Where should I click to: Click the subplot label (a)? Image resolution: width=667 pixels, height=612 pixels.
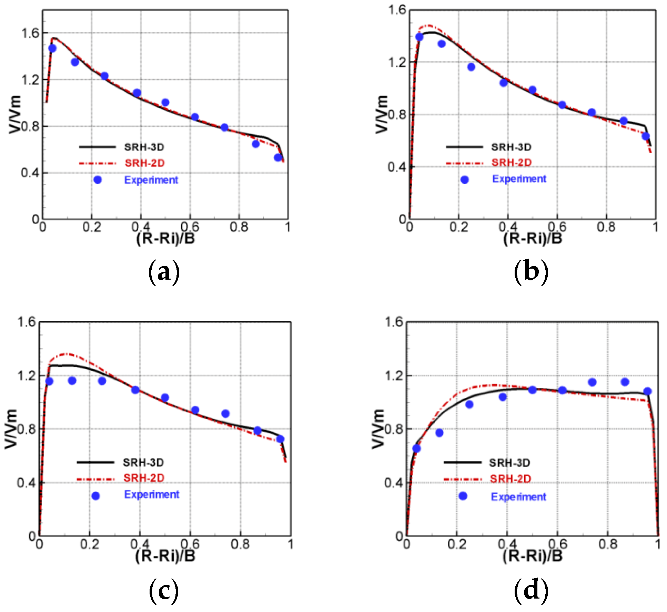(x=164, y=272)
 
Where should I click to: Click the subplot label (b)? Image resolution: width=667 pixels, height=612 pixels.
(x=531, y=272)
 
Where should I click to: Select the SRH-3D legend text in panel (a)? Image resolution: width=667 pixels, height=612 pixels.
(x=144, y=147)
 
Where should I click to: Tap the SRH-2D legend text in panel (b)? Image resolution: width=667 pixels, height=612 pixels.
(x=512, y=163)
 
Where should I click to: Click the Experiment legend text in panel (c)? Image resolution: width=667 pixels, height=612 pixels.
(x=151, y=495)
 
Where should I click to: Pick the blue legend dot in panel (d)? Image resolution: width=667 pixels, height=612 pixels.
(x=463, y=496)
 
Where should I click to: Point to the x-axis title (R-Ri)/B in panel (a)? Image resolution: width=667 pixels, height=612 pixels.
(x=165, y=238)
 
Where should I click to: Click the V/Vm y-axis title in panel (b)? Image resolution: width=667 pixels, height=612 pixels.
(x=381, y=115)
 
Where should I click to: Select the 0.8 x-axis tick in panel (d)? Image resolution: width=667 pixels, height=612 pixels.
(x=608, y=544)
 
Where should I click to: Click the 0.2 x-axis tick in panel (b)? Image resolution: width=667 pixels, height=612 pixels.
(x=458, y=227)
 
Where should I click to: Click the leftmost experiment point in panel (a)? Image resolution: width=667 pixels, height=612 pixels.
(x=52, y=48)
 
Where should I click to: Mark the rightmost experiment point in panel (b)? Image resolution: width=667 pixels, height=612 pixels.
(x=646, y=136)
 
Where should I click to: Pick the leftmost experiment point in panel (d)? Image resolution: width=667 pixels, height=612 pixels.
(x=416, y=448)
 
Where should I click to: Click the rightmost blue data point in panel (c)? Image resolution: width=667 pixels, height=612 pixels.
(x=280, y=439)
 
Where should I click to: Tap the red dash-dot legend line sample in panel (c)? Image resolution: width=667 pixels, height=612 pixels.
(x=95, y=479)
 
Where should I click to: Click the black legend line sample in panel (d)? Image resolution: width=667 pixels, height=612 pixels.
(x=462, y=463)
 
